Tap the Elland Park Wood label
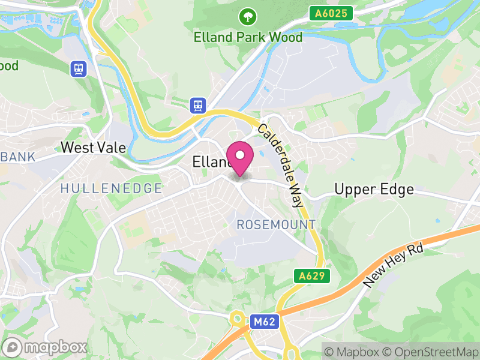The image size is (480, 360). (248, 37)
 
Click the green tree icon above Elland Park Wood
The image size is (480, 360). (247, 16)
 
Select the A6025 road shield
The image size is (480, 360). (332, 13)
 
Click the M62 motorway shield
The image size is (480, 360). (263, 322)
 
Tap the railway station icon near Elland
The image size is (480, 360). (198, 106)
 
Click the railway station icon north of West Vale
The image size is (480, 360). (78, 68)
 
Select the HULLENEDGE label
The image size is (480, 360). (111, 188)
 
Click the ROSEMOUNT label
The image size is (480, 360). (276, 224)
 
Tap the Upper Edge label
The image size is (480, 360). (374, 190)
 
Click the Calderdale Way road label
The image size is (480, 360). (281, 166)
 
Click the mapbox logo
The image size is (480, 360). (45, 347)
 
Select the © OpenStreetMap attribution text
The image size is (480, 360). (431, 352)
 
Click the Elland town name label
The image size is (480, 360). (210, 162)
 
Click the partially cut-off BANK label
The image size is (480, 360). (17, 157)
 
